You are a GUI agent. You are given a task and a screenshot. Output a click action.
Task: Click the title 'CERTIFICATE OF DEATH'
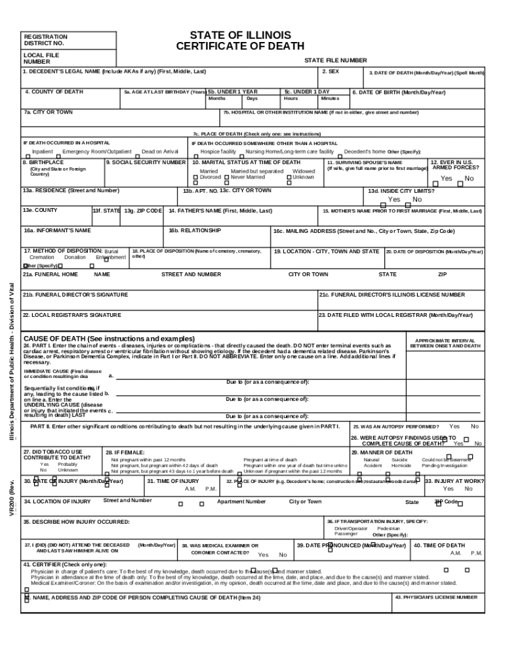[240, 47]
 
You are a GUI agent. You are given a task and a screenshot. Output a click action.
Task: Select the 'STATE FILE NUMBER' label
[335, 60]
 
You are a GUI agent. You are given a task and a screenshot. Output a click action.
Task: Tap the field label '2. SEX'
[331, 70]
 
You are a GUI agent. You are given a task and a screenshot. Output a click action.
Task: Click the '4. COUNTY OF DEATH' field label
[54, 92]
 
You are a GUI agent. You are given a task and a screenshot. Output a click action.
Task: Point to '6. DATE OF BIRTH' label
[399, 93]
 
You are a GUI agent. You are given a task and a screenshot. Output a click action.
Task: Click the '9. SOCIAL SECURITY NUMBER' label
[146, 162]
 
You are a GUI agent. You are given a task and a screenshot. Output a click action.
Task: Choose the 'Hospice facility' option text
[218, 152]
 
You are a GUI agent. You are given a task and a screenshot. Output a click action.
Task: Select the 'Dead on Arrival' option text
[160, 152]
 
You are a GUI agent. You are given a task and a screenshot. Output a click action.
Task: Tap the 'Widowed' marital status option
[304, 171]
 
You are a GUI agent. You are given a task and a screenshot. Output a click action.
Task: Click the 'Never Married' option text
[248, 177]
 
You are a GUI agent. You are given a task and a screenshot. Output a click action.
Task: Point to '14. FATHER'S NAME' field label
[220, 211]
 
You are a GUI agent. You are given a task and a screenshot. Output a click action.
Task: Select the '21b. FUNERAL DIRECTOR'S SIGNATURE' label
[75, 295]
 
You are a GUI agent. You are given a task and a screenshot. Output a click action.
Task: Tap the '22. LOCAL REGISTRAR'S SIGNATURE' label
[72, 315]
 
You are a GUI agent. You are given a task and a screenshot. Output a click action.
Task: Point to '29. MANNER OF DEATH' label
[382, 453]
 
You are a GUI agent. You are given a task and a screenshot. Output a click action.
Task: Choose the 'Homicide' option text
[401, 466]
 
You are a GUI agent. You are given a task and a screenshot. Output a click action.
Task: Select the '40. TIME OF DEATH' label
[439, 545]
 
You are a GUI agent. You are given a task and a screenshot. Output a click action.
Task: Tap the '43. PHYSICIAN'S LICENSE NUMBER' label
[436, 598]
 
